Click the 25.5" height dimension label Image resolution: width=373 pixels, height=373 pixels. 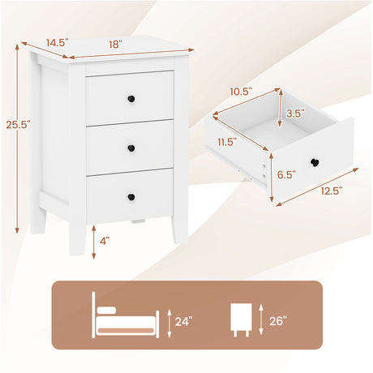pyautogui.click(x=18, y=125)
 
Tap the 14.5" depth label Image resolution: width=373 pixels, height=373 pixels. pyautogui.click(x=57, y=43)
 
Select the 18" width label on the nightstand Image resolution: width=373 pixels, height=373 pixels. pyautogui.click(x=115, y=45)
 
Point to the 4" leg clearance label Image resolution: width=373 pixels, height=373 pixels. pyautogui.click(x=105, y=240)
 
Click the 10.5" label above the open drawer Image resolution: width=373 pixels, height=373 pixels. pyautogui.click(x=241, y=92)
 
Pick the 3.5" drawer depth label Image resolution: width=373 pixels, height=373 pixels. pyautogui.click(x=295, y=114)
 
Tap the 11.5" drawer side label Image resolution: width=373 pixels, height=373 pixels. pyautogui.click(x=228, y=142)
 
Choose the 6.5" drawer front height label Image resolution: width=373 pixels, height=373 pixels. pyautogui.click(x=286, y=174)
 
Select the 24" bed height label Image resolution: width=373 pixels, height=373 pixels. pyautogui.click(x=183, y=321)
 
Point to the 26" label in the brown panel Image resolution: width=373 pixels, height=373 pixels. pyautogui.click(x=278, y=321)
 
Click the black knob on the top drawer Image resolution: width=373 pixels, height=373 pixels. pyautogui.click(x=131, y=99)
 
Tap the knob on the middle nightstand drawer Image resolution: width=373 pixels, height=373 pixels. pyautogui.click(x=131, y=148)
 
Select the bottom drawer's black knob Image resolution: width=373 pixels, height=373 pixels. pyautogui.click(x=131, y=197)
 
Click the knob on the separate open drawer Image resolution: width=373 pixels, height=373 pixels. pyautogui.click(x=315, y=162)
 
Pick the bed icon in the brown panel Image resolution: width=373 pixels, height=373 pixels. pyautogui.click(x=126, y=315)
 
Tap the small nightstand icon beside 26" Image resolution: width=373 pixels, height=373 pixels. pyautogui.click(x=241, y=319)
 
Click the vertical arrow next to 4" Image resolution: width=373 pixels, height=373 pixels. pyautogui.click(x=94, y=242)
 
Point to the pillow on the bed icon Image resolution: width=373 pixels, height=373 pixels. pyautogui.click(x=106, y=310)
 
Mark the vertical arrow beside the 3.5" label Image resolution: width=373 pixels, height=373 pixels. pyautogui.click(x=281, y=109)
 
